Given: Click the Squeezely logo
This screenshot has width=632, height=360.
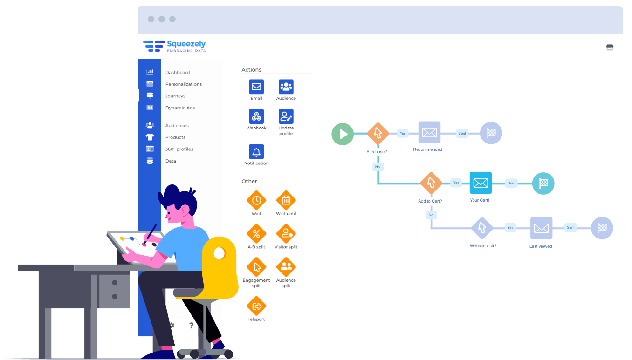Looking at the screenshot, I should tap(174, 46).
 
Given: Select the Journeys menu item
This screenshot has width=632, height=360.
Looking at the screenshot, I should tap(175, 96).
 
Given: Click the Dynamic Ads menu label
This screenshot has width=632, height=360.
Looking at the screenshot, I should tap(180, 108).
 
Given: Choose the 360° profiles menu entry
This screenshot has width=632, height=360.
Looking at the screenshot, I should tap(179, 149).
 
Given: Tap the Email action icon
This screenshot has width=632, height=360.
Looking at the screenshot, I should tap(256, 87).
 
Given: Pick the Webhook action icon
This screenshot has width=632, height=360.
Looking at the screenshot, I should tap(256, 116).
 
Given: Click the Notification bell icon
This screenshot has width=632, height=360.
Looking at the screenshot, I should tap(256, 152).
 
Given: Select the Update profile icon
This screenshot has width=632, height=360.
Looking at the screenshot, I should tap(286, 116).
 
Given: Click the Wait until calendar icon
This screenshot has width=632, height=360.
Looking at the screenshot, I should tap(286, 201).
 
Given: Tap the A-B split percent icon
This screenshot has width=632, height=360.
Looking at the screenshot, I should tap(256, 234).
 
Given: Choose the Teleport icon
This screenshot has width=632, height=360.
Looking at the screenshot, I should tap(256, 306).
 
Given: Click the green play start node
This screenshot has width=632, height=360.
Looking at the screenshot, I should tap(343, 134).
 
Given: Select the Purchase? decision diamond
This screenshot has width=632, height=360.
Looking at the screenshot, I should tap(378, 133).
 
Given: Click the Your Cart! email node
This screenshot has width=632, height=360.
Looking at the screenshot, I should tap(481, 183).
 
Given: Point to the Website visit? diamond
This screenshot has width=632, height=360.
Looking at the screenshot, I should tap(482, 228).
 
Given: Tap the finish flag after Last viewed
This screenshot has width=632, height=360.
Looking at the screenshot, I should tap(602, 228).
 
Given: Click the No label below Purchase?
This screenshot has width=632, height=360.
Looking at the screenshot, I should tap(378, 166).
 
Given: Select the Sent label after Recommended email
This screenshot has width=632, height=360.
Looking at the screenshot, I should tap(462, 133).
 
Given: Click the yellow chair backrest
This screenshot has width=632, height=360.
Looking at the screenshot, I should tap(220, 261).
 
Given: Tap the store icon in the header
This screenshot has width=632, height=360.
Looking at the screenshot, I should tap(610, 47).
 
